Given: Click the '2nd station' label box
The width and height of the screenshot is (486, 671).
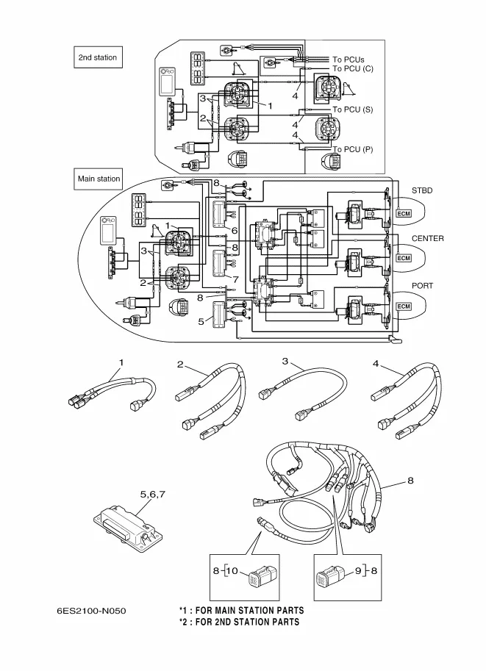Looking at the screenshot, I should [x=98, y=57].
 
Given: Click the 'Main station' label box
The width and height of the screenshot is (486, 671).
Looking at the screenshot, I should [x=99, y=178].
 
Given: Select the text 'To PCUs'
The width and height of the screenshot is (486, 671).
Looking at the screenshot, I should [x=349, y=60].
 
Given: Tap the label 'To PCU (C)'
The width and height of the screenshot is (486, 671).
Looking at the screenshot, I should [x=353, y=68].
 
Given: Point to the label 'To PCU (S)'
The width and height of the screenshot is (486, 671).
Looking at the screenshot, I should [x=353, y=110].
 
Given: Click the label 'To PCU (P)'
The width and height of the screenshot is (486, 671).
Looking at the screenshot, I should [x=353, y=149].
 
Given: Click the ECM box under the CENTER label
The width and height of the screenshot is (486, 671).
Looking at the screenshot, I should [x=404, y=259].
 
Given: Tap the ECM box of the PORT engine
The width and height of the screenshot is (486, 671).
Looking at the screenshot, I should [x=404, y=306].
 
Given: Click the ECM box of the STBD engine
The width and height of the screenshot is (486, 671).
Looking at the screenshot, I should [x=404, y=213].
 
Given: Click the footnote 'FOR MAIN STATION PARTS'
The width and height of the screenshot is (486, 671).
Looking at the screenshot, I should [x=249, y=611].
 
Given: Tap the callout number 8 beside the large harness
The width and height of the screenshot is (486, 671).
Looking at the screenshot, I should [x=410, y=481].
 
